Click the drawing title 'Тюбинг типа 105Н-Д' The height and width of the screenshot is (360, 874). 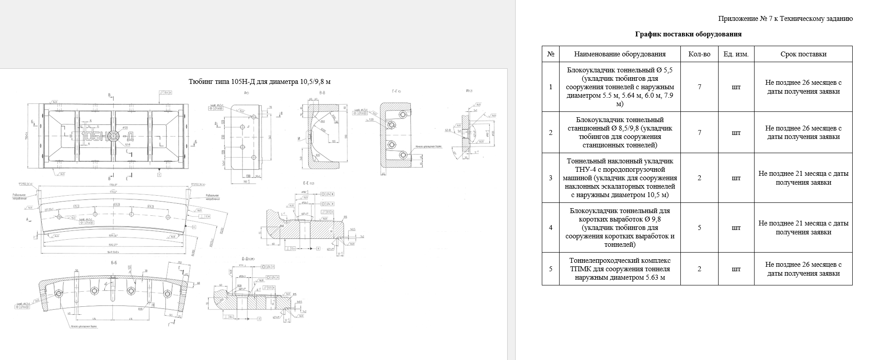(259, 82)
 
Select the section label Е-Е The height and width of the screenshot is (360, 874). (306, 183)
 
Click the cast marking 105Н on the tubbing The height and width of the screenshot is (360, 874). (96, 136)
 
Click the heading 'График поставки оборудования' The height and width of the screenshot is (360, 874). (688, 34)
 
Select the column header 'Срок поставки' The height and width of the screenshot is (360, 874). (803, 54)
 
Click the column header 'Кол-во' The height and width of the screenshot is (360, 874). (699, 54)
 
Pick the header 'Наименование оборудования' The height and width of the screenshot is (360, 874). (620, 54)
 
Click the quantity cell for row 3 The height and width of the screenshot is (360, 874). (699, 178)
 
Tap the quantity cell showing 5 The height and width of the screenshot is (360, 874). (699, 228)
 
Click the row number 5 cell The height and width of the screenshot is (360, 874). (551, 269)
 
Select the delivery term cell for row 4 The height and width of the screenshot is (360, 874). (803, 228)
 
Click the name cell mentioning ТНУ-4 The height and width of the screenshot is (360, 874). (620, 178)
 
